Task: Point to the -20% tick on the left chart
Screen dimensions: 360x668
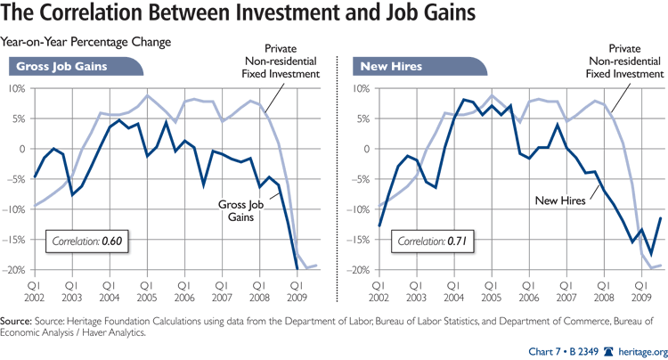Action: [x=17, y=270]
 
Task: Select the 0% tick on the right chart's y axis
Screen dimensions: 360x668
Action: [x=359, y=149]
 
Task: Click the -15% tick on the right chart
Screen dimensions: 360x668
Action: [x=354, y=240]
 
